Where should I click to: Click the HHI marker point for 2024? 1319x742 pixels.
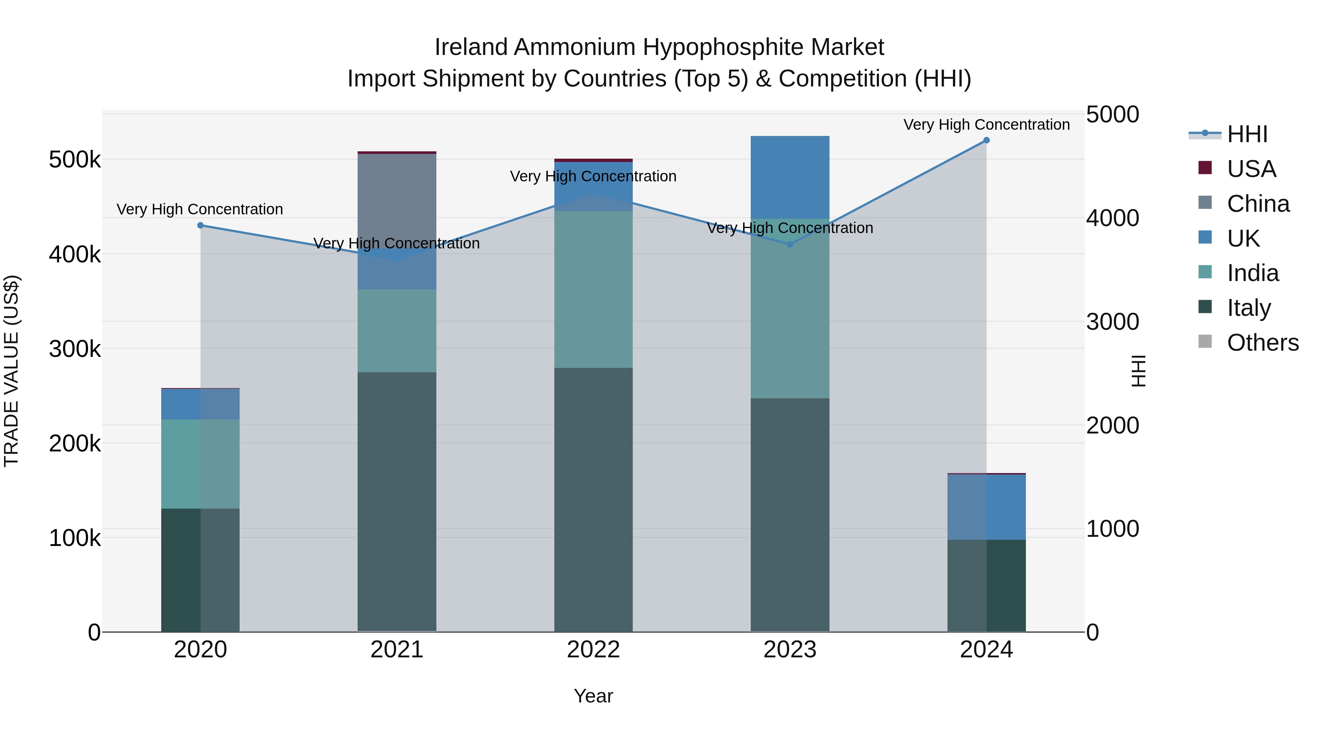tap(986, 140)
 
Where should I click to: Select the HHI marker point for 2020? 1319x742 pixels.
tap(201, 225)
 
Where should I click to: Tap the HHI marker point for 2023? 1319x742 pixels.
tap(790, 244)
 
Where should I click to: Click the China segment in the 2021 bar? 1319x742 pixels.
tap(397, 200)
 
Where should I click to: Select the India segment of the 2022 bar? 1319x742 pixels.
tap(594, 289)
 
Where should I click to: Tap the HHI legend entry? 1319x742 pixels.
tap(1247, 134)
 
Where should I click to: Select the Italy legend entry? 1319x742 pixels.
tap(1248, 308)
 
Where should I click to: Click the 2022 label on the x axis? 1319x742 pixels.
tap(594, 650)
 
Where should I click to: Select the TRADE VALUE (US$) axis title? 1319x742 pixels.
tap(12, 371)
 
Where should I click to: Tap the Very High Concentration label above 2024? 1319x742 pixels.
tap(986, 125)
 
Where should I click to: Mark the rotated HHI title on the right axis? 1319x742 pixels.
tap(1138, 371)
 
